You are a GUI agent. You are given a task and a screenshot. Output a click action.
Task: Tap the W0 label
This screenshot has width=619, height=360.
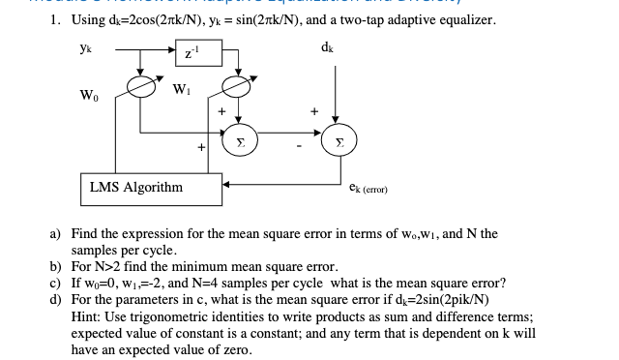89,95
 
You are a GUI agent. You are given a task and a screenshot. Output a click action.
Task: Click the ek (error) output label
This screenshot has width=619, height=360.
368,191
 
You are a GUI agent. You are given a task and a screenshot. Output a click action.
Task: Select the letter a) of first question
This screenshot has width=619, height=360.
56,234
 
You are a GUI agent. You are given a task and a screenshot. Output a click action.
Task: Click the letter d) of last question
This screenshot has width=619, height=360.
56,300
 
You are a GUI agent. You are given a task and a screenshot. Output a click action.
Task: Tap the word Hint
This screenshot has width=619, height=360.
85,315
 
